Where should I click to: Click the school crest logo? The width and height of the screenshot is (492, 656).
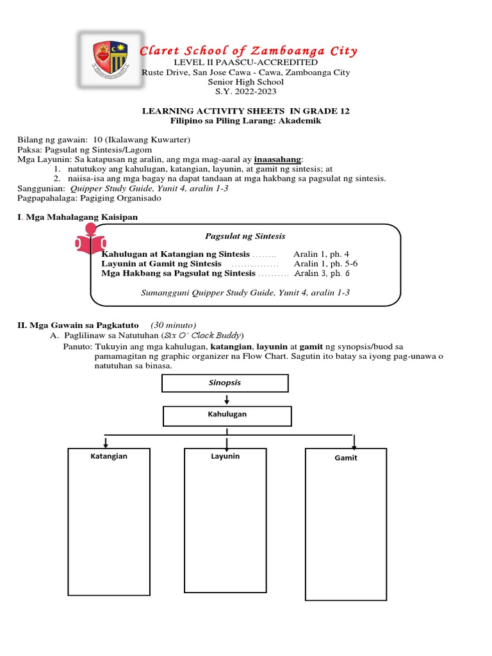pos(106,58)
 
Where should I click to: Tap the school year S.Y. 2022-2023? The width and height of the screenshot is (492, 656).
pos(246,92)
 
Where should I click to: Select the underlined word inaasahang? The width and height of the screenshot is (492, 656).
pos(278,159)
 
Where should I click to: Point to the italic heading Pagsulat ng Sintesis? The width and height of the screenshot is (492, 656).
pos(245,236)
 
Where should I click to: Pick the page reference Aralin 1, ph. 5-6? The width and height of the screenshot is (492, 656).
pos(325,264)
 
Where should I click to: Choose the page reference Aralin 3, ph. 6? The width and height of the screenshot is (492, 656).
pos(322,274)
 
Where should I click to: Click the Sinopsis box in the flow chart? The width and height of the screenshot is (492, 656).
pos(225,383)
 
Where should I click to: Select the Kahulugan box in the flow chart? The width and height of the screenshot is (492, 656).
pos(227,416)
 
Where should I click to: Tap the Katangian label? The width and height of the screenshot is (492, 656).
pos(109,456)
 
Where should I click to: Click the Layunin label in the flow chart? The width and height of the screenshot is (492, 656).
pos(225,456)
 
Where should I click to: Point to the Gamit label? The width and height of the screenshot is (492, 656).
pos(346,458)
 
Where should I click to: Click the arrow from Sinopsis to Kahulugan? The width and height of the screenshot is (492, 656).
pos(227,399)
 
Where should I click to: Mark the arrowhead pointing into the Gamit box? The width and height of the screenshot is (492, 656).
pos(354,446)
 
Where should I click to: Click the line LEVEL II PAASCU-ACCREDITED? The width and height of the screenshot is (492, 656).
pos(246,63)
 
